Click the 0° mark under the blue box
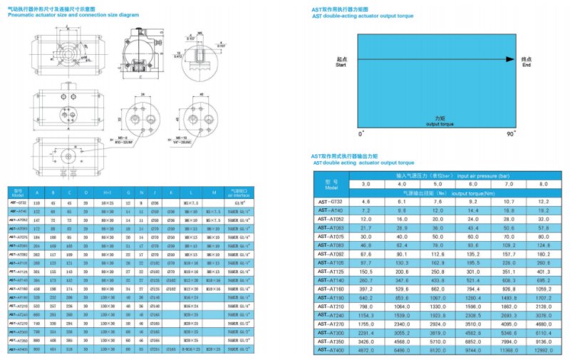point(361,133)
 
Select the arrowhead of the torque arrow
point(509,58)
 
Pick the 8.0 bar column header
point(542,184)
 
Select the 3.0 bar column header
point(366,184)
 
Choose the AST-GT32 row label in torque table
point(330,202)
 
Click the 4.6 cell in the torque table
point(366,202)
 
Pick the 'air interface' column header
point(236,193)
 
